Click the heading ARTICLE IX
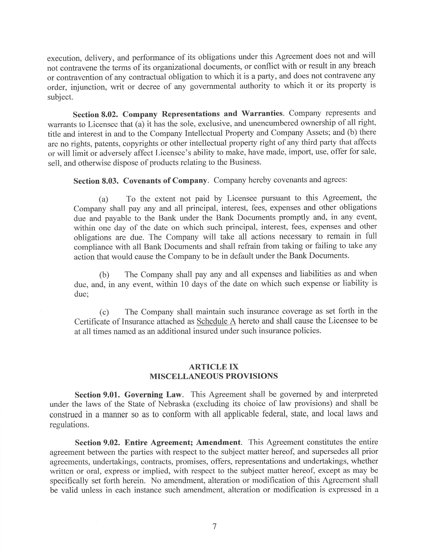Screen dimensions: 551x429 (214, 366)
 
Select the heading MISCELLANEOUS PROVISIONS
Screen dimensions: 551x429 (214, 376)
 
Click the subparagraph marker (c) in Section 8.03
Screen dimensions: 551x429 (104, 313)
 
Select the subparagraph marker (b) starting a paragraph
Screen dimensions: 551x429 (104, 275)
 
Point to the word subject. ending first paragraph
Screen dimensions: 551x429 (60, 97)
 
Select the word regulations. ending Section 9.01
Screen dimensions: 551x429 (69, 425)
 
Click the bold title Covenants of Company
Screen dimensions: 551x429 (165, 181)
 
